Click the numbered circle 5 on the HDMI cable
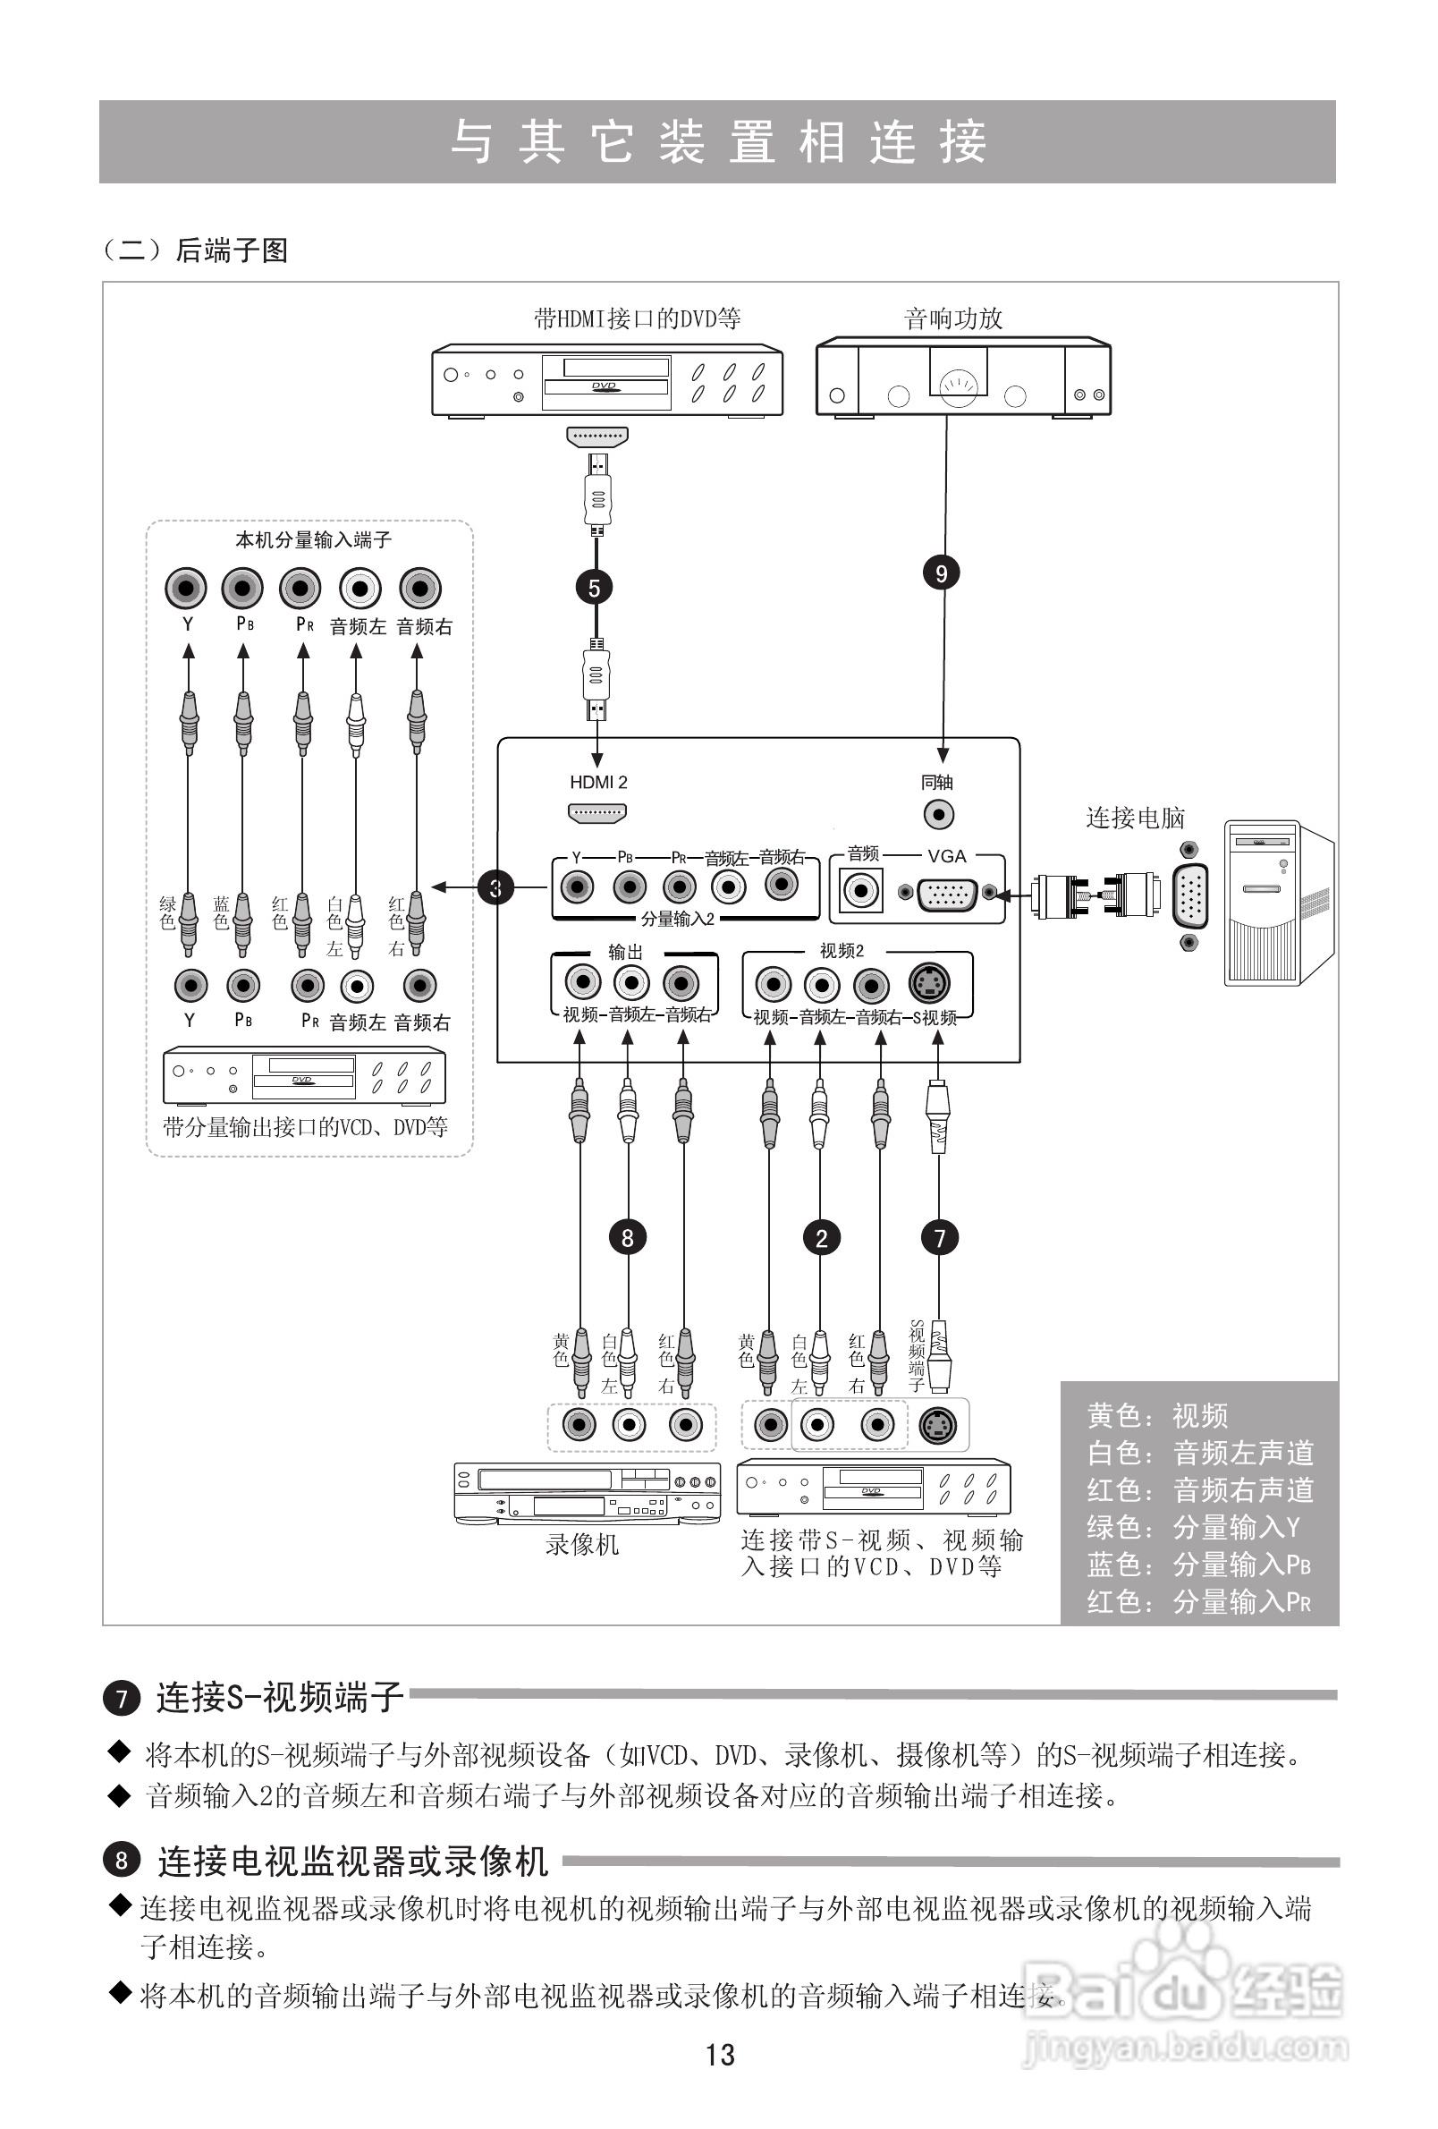594,588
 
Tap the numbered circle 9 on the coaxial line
941,573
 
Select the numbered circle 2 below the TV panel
821,1239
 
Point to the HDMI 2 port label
598,783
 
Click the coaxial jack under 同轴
938,813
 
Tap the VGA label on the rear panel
946,857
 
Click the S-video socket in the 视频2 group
929,984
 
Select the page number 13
720,2055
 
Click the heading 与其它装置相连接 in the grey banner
718,143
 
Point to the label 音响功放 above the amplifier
952,318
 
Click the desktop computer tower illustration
1277,903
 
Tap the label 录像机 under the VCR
582,1545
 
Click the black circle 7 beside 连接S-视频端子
121,1699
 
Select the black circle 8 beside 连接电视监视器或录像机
121,1861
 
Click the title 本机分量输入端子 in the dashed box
313,540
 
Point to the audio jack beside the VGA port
861,890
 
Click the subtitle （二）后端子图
195,250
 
